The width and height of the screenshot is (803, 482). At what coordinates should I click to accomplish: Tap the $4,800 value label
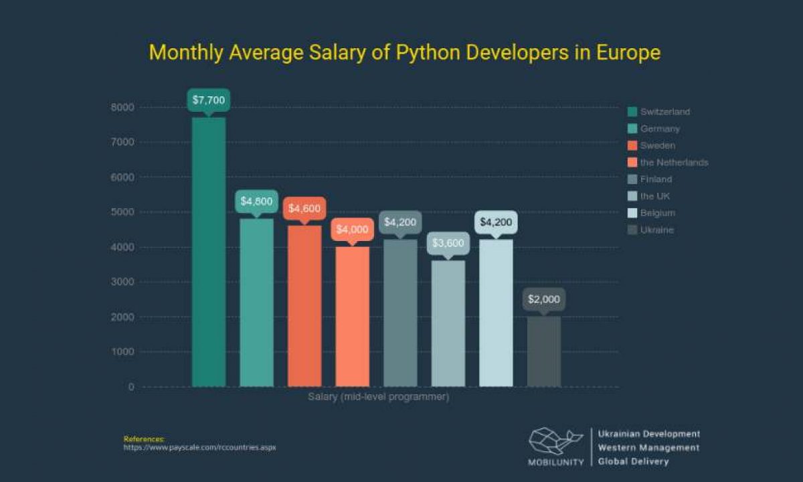[256, 202]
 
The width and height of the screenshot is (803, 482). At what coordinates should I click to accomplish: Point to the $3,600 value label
[448, 243]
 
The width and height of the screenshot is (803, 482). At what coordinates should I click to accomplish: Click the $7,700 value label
[209, 100]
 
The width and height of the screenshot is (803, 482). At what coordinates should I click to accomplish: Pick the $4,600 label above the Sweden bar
[304, 208]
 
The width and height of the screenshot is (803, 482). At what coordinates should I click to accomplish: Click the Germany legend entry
[659, 129]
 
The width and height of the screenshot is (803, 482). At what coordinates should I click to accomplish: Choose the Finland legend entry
[655, 179]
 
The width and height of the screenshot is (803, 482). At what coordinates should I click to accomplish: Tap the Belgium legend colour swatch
[632, 213]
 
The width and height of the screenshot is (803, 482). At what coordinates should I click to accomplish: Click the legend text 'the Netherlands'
[673, 163]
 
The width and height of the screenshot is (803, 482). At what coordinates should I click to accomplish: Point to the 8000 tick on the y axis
[122, 107]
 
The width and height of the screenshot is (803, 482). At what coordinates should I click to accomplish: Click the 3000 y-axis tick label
[122, 282]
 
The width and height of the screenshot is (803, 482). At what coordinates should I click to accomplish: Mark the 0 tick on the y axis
[130, 387]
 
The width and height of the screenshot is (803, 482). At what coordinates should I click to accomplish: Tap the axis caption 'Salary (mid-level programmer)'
[378, 397]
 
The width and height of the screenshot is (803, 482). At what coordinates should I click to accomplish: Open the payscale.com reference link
[199, 447]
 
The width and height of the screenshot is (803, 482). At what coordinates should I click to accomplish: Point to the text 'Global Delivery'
[633, 461]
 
